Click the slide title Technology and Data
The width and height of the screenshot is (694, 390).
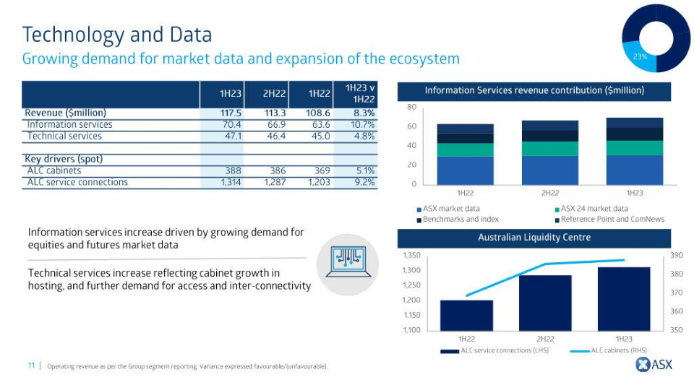click(117, 34)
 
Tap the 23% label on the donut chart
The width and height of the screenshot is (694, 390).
click(640, 56)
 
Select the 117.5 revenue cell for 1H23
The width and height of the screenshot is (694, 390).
click(231, 113)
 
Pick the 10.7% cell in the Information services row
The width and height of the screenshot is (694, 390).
click(360, 124)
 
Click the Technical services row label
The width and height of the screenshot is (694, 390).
click(64, 136)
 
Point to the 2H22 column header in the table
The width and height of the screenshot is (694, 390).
click(275, 94)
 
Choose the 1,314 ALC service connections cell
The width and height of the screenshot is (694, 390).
click(228, 182)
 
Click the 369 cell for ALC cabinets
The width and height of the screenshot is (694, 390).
click(319, 170)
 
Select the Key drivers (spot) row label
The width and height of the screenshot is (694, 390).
click(64, 159)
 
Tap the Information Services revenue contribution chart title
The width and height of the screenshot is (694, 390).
click(534, 91)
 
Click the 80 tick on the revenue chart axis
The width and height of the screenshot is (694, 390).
click(411, 107)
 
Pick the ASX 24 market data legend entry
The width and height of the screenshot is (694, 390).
click(594, 209)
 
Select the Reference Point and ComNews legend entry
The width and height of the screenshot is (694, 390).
click(612, 219)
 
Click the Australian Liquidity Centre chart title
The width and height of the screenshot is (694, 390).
click(534, 238)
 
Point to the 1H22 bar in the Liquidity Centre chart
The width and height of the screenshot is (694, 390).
click(466, 315)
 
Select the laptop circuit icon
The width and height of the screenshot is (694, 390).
click(347, 264)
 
